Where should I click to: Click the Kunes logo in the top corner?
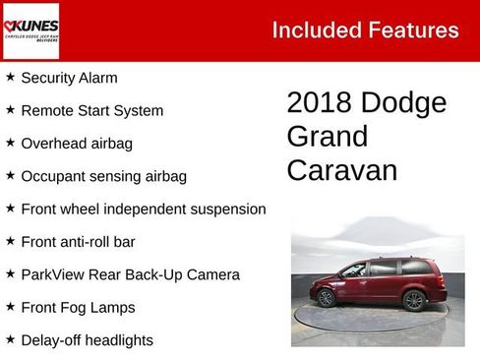tap(31, 30)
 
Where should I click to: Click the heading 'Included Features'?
tap(365, 30)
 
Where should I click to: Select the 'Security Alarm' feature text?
tap(69, 78)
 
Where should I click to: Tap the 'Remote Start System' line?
tap(91, 110)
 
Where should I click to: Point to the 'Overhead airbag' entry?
tap(77, 144)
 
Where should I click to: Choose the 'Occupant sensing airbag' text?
tap(103, 176)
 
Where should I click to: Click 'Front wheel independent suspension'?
tap(143, 209)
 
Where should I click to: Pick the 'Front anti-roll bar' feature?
tap(78, 241)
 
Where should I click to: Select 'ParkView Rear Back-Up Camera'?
tap(130, 274)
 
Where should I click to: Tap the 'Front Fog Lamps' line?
tap(78, 307)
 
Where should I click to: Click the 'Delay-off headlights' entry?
tap(87, 340)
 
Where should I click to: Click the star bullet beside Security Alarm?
tap(10, 77)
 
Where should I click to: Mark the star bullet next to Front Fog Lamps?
tap(10, 306)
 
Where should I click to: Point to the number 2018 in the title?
tap(320, 103)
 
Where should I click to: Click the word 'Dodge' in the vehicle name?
tap(403, 103)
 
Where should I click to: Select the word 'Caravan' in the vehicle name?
tap(342, 170)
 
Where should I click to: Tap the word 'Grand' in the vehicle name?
tap(328, 137)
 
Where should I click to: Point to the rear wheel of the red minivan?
tap(413, 300)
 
